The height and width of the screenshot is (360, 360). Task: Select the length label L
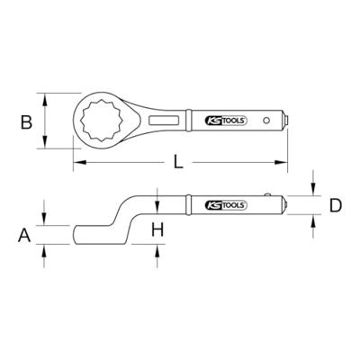(x=179, y=162)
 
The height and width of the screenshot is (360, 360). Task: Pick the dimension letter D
(x=334, y=205)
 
